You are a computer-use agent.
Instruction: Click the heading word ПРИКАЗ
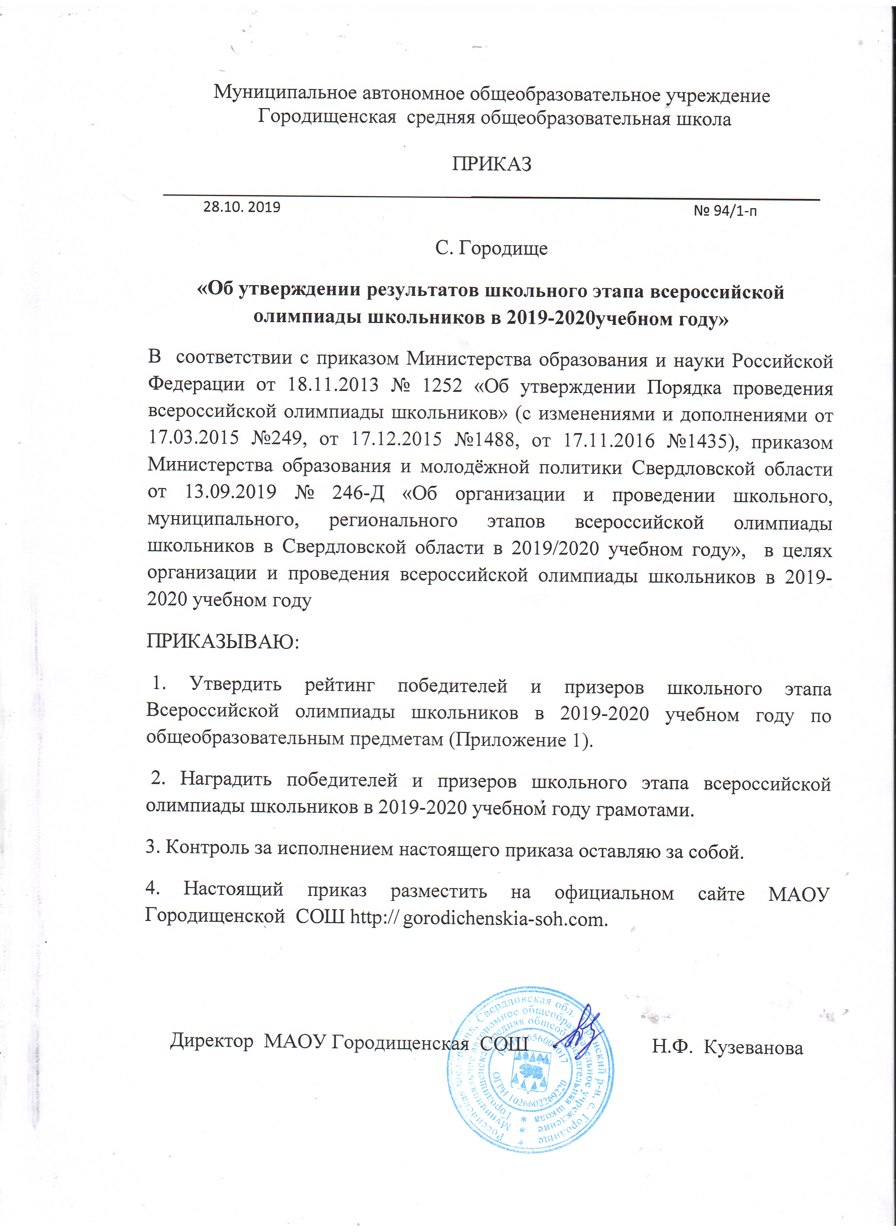click(x=491, y=164)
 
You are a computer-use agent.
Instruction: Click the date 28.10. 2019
click(x=242, y=207)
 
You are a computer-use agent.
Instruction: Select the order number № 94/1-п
click(x=725, y=211)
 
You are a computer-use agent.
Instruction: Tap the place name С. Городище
click(x=491, y=248)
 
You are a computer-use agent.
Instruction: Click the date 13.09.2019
click(x=231, y=492)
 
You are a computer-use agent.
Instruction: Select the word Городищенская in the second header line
click(x=326, y=117)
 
